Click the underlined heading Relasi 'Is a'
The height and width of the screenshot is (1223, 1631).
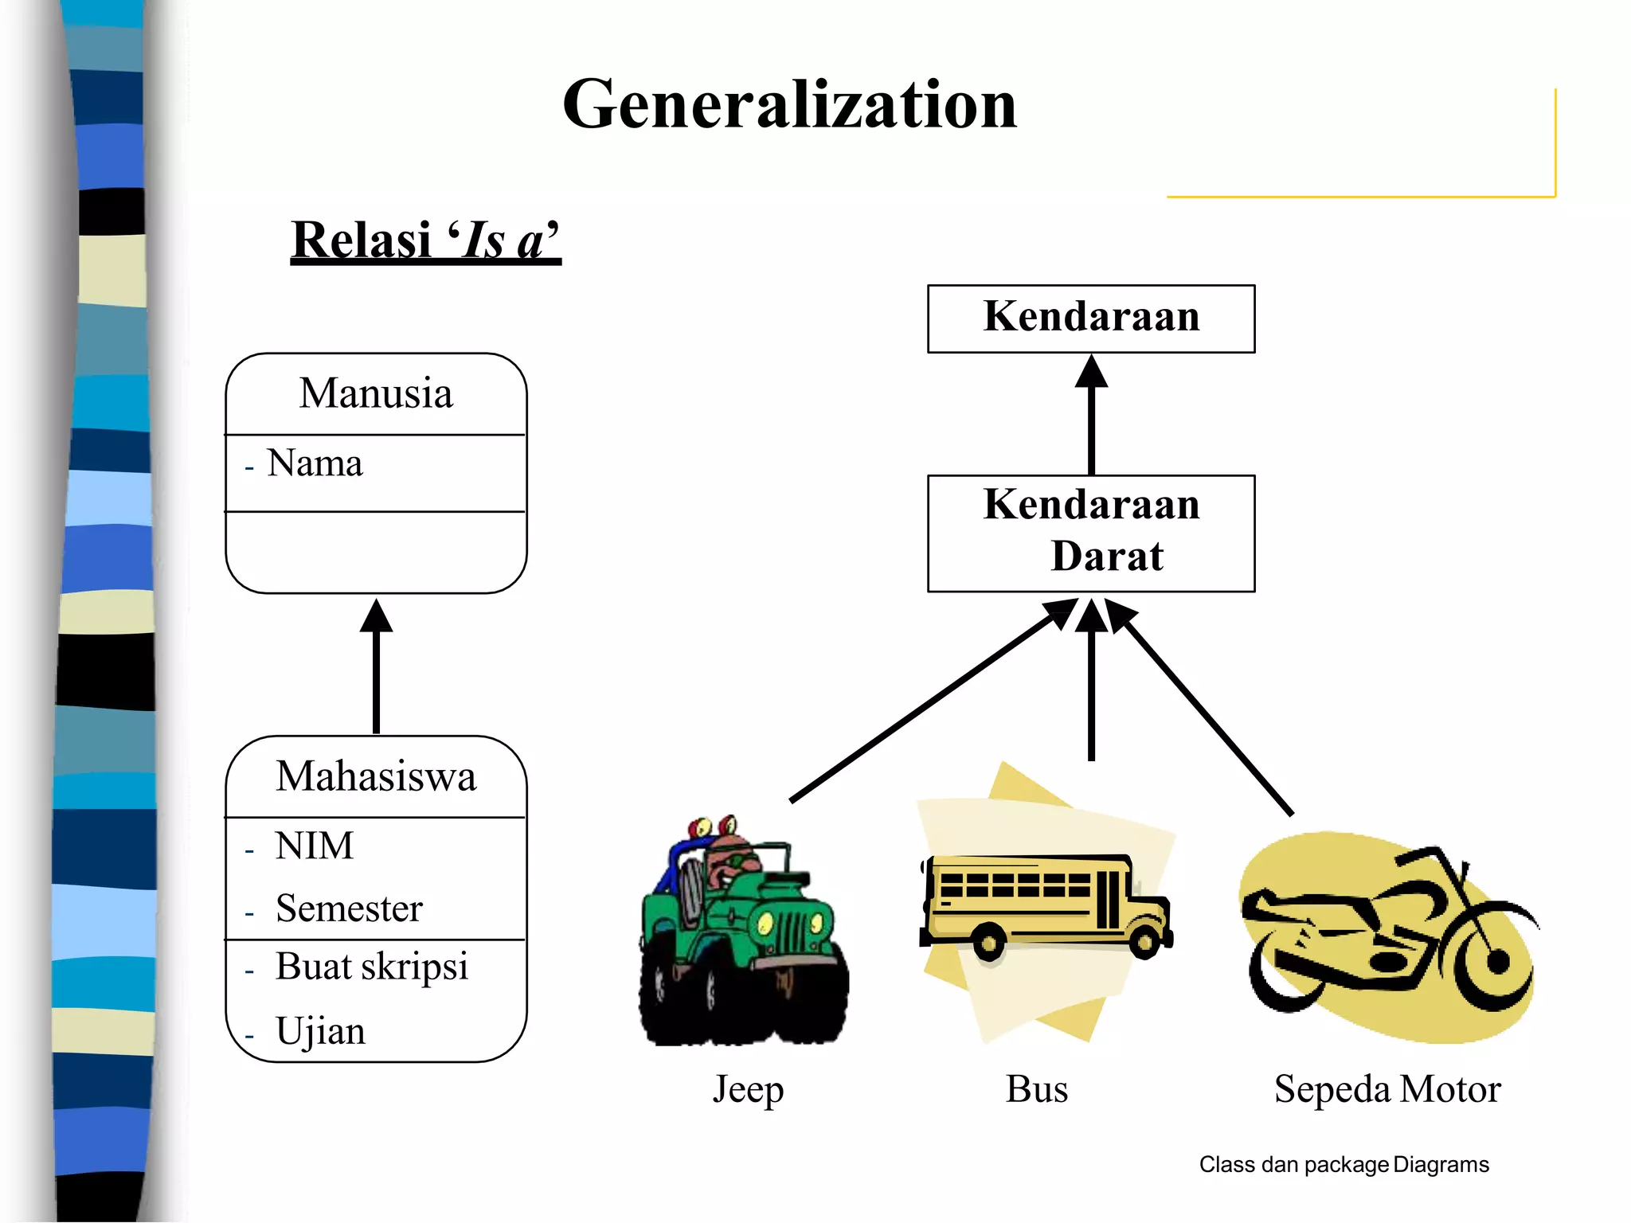[x=425, y=240]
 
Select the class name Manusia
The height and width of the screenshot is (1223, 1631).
[x=376, y=393]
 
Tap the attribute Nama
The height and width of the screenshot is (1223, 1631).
[x=315, y=463]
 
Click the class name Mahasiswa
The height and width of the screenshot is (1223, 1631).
[x=376, y=776]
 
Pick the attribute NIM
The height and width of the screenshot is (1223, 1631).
[x=314, y=846]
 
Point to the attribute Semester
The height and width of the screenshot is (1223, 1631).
[x=349, y=908]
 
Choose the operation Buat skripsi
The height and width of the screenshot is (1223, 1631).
[x=371, y=967]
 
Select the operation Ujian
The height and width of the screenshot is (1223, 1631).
[x=320, y=1031]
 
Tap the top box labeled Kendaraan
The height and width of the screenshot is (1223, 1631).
[x=1091, y=318]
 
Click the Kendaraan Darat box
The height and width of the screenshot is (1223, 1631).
[x=1091, y=532]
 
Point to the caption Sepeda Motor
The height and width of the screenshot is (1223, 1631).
[x=1387, y=1089]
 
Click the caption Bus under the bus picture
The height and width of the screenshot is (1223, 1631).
[x=1036, y=1089]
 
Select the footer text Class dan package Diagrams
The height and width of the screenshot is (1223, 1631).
[x=1344, y=1165]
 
